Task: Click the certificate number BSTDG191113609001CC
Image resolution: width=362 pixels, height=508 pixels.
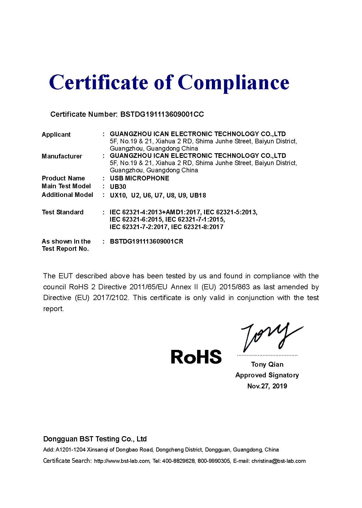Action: (x=162, y=114)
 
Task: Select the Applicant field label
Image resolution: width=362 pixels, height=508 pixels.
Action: (x=56, y=134)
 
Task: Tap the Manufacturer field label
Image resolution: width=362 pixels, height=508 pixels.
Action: (x=62, y=156)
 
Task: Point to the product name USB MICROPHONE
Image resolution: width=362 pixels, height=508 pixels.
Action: (x=139, y=178)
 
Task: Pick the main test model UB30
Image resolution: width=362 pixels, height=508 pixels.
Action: (x=118, y=187)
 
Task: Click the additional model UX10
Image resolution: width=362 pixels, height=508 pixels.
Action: (x=118, y=195)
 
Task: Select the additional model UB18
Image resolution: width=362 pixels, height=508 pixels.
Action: (x=198, y=195)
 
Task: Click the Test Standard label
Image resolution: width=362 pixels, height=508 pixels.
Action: (x=63, y=212)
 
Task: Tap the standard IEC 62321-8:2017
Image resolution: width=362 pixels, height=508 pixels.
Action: (x=197, y=227)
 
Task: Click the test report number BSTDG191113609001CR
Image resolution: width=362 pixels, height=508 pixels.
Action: (x=147, y=242)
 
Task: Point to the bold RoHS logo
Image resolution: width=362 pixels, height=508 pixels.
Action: (x=196, y=357)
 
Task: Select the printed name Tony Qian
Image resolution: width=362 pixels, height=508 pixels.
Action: (x=267, y=364)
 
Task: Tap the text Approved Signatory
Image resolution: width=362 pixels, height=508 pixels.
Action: (x=267, y=375)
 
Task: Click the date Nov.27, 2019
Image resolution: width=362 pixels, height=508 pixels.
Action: (x=267, y=386)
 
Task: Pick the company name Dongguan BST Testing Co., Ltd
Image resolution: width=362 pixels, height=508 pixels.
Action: (x=95, y=439)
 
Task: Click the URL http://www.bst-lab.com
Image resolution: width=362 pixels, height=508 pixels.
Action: (x=122, y=461)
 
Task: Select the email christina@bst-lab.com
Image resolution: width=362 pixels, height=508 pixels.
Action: (x=279, y=461)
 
